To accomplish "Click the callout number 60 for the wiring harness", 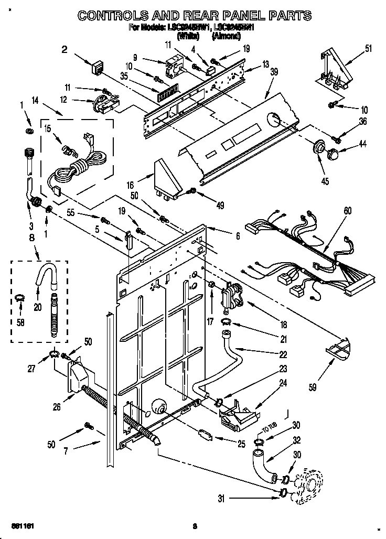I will point(347,211).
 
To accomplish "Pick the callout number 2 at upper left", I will point(65,50).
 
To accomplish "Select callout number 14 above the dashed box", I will point(36,100).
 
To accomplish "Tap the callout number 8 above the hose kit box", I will point(33,237).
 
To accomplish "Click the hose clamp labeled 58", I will point(19,299).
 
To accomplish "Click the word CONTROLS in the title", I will point(115,16).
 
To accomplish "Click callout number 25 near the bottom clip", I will point(241,444).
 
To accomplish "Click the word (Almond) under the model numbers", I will point(226,36).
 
